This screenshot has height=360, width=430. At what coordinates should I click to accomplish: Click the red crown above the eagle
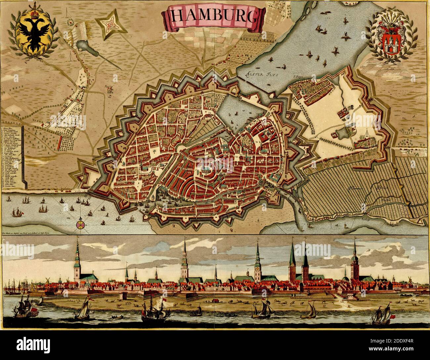[32, 15]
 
